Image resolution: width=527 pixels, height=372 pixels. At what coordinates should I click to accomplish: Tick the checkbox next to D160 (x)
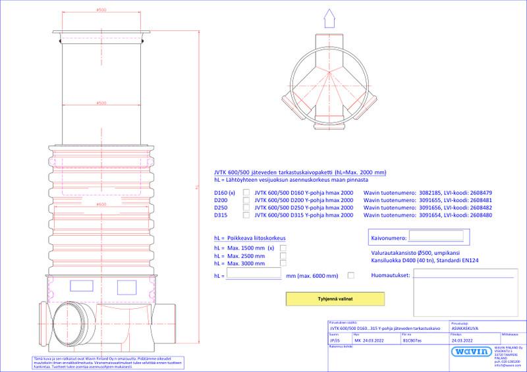pyautogui.click(x=247, y=192)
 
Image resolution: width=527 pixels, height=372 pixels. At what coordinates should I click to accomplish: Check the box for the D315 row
pyautogui.click(x=247, y=215)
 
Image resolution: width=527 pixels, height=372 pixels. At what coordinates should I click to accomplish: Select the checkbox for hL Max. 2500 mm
pyautogui.click(x=283, y=255)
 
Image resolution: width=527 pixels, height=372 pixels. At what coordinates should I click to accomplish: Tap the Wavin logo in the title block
pyautogui.click(x=471, y=352)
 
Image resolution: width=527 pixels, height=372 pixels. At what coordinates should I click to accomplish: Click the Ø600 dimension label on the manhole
pyautogui.click(x=101, y=205)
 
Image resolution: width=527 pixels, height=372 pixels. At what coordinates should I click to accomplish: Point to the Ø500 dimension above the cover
pyautogui.click(x=101, y=10)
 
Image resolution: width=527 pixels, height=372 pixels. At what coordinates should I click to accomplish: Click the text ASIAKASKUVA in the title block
pyautogui.click(x=464, y=328)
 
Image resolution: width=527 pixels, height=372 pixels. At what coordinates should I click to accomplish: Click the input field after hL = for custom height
pyautogui.click(x=254, y=275)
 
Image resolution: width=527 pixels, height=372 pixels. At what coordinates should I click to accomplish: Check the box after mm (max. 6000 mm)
pyautogui.click(x=350, y=275)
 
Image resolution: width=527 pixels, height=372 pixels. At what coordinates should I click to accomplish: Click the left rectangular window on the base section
pyautogui.click(x=82, y=284)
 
